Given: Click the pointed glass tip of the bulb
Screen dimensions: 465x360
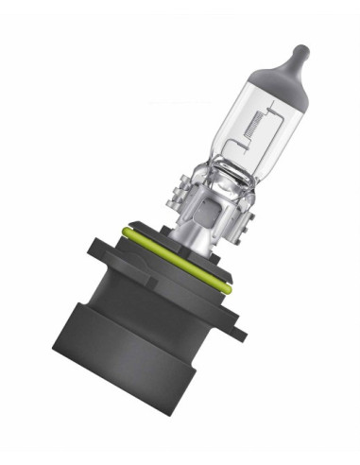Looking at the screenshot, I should [301, 49].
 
